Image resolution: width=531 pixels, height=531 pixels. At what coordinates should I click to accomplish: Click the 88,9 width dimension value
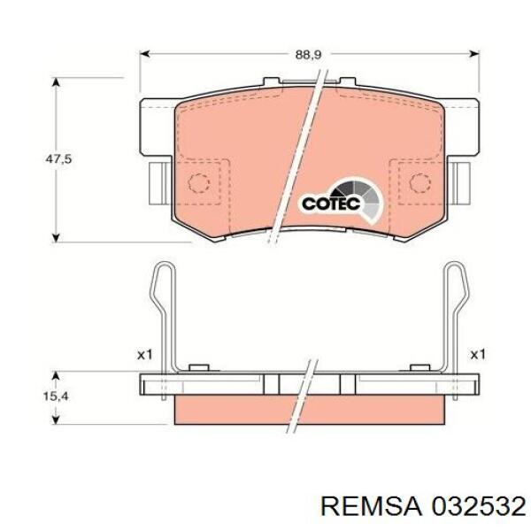pos(308,55)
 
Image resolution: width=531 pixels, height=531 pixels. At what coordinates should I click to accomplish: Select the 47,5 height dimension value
pos(58,158)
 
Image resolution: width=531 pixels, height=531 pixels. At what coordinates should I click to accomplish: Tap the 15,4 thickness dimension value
pos(56,396)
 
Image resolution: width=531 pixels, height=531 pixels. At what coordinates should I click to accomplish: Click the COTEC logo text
pos(331,204)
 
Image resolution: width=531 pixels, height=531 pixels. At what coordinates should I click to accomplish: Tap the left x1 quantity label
pos(145,355)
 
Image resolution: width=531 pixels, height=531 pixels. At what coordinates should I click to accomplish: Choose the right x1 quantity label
pos(478,355)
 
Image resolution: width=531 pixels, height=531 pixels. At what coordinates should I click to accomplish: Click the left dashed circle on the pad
pos(199,183)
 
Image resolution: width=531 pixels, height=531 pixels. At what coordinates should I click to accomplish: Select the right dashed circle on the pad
pos(419,183)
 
